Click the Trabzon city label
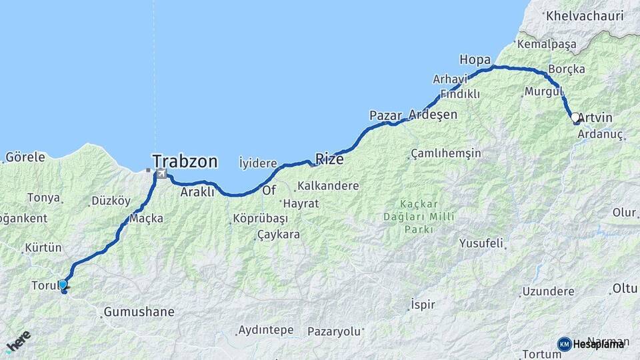[185, 161]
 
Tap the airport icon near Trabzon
[161, 174]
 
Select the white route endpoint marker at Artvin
[575, 117]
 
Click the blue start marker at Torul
[63, 285]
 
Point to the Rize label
[329, 159]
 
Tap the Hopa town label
[475, 59]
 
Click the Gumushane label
[139, 311]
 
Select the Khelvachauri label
[584, 15]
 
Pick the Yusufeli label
[481, 243]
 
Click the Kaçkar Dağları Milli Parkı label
[419, 216]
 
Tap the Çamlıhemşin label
[446, 153]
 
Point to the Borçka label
[566, 69]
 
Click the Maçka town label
[147, 218]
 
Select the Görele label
[25, 157]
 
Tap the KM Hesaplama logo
[591, 344]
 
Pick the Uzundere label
[548, 291]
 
